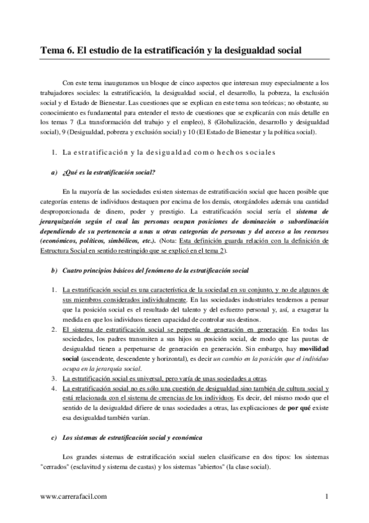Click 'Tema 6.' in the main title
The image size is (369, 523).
point(57,52)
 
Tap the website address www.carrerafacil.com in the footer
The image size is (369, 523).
point(75,495)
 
